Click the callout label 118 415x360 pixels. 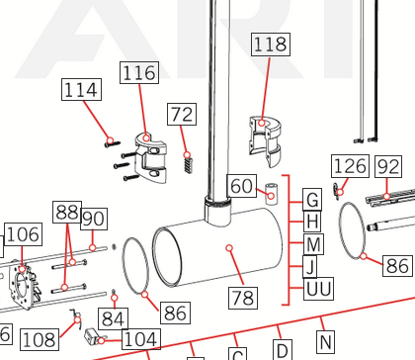(x=271, y=45)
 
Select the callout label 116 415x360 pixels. (x=139, y=72)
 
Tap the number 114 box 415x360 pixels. (x=81, y=90)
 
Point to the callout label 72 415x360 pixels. (x=182, y=114)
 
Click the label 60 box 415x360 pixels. (x=242, y=186)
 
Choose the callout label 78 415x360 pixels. (x=243, y=298)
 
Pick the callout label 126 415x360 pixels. (x=350, y=166)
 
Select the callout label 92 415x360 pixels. (x=388, y=166)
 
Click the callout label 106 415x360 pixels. (x=23, y=234)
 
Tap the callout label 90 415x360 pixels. (x=94, y=219)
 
